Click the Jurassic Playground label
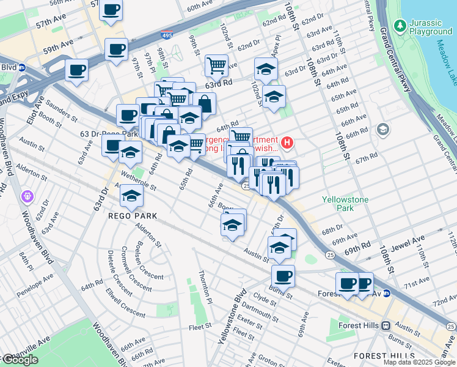point(431,27)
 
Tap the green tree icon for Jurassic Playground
point(400,26)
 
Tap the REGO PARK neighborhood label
point(133,216)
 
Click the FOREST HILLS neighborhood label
point(379,356)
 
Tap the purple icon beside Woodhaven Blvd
point(26,196)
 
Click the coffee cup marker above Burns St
point(283,275)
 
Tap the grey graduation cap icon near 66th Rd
point(383,129)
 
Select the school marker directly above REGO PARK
point(131,196)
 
